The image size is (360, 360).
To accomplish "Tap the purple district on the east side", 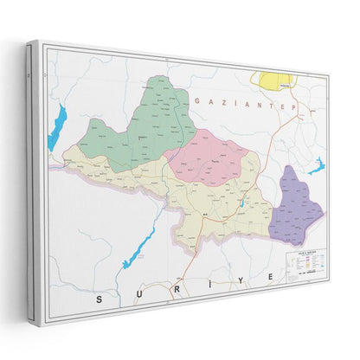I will point(296,202).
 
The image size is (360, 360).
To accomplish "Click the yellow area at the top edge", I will point(274,80).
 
